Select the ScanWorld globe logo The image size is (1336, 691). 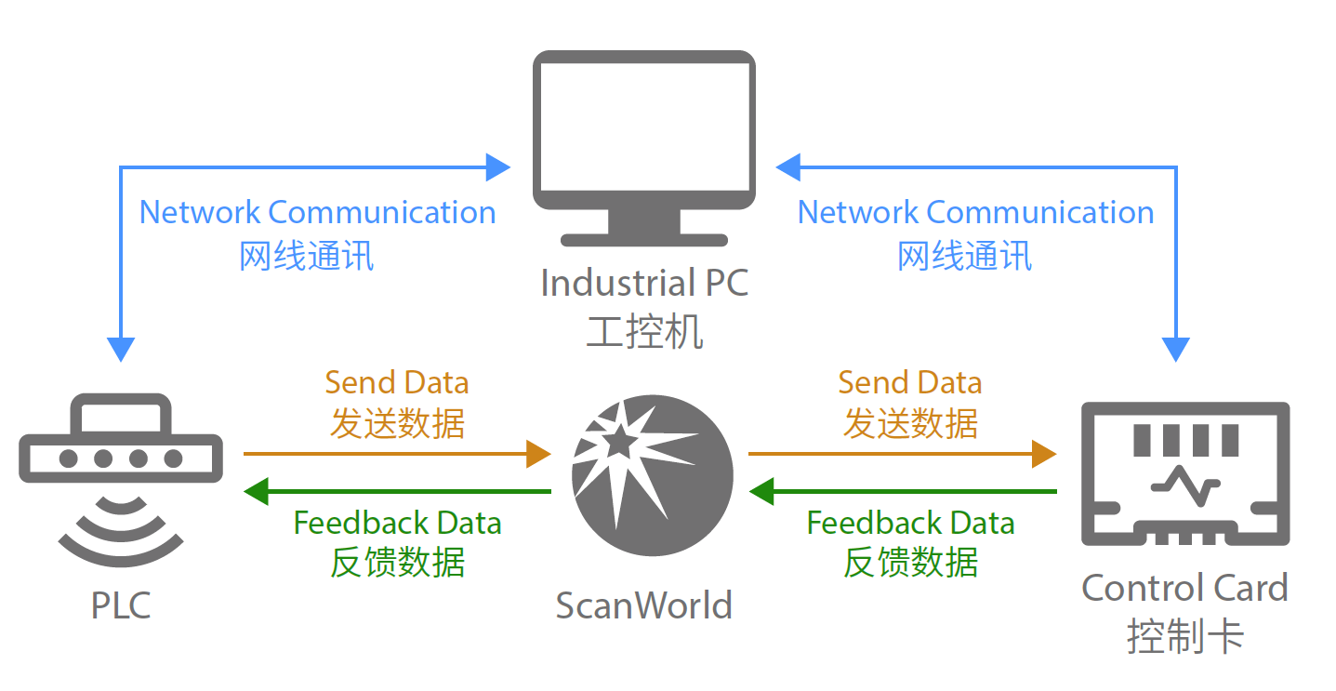pos(652,475)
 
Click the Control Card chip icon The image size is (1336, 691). pos(1184,474)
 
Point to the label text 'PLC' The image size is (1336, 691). pos(121,606)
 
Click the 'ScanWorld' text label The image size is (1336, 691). pos(643,605)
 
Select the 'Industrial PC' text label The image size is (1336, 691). pos(643,284)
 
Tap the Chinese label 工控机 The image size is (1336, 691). pos(643,332)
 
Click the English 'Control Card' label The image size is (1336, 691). pos(1184,588)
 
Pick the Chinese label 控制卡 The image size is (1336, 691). pos(1184,637)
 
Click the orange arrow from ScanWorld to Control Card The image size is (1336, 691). pos(902,454)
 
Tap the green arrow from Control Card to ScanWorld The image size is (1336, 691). pos(902,491)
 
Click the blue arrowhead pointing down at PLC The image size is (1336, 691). pos(121,349)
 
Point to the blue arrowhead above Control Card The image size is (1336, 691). pos(1177,349)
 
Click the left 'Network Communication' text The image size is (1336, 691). pos(317,212)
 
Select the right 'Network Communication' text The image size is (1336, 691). pos(975,212)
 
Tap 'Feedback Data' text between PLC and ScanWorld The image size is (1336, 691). pos(397,524)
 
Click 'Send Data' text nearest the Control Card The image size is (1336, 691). pos(909,382)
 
